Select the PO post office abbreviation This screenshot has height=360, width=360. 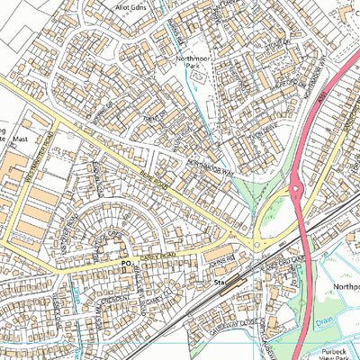[x=125, y=264]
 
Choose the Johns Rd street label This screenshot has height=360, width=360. [x=219, y=260]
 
